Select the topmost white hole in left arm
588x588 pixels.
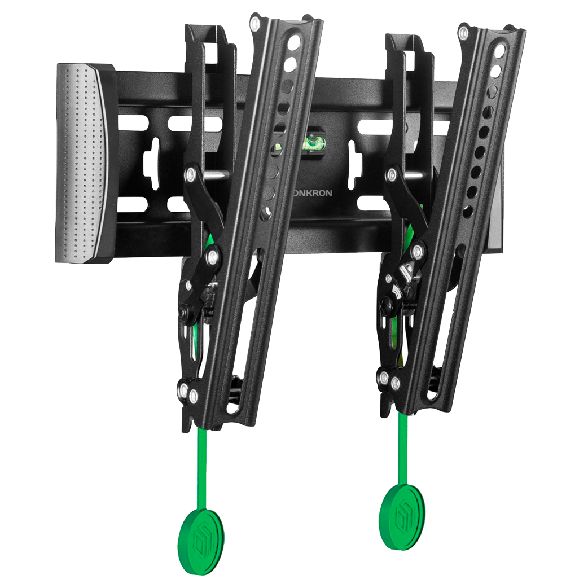point(295,41)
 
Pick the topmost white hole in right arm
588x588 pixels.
point(500,51)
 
